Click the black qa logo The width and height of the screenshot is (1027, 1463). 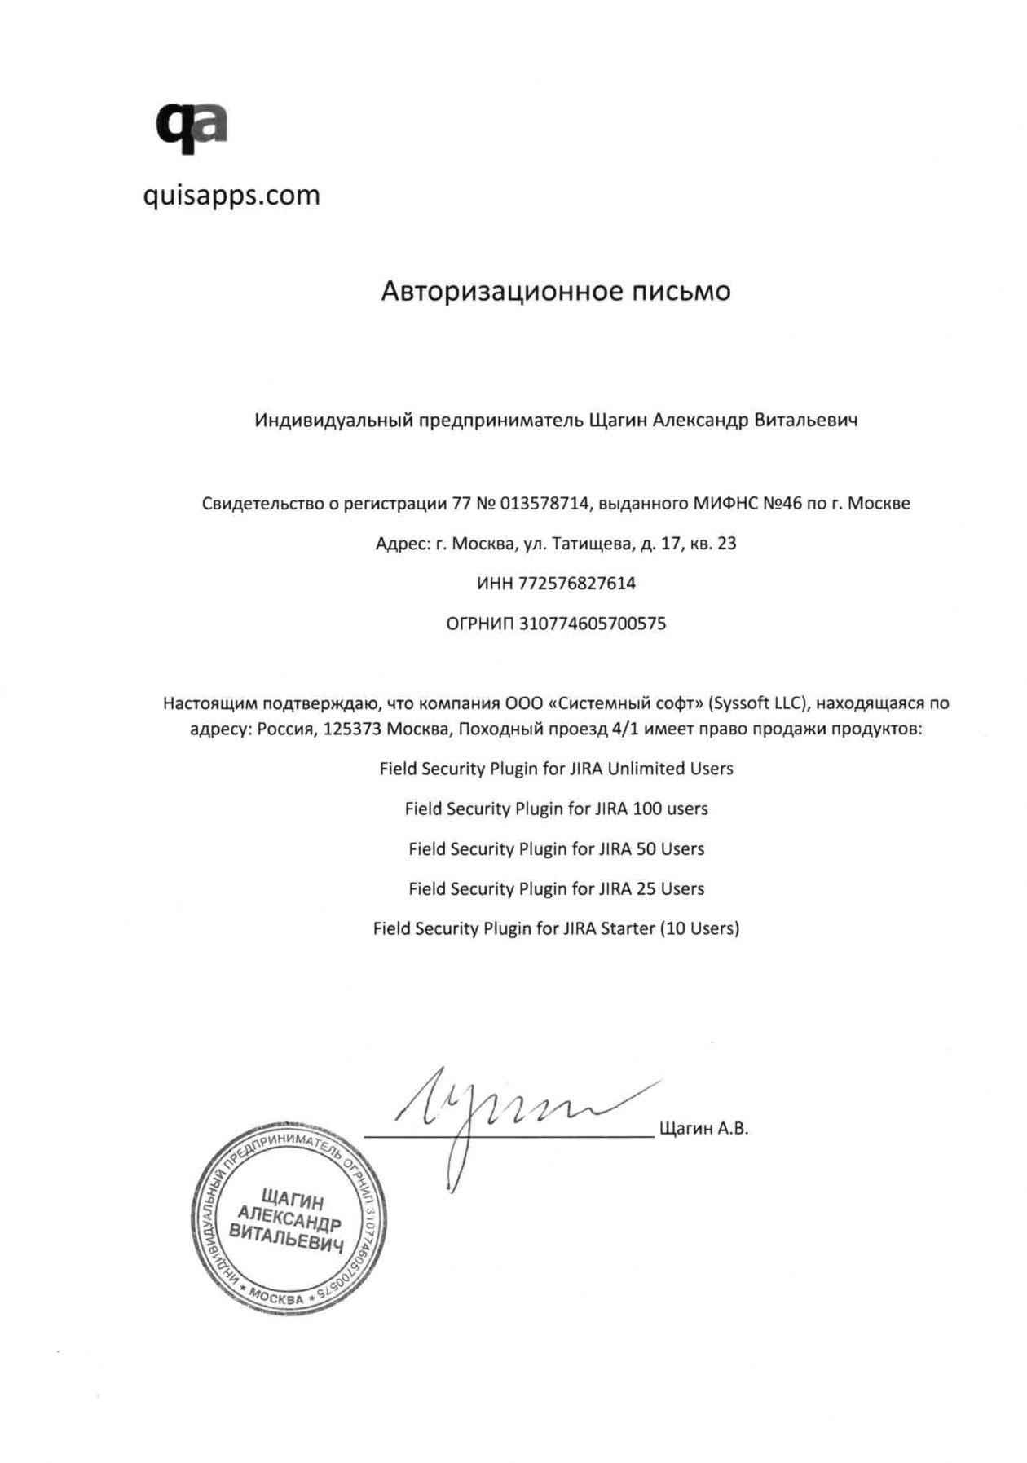192,128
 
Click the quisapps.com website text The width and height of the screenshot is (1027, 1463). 231,196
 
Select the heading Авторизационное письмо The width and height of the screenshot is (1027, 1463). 556,291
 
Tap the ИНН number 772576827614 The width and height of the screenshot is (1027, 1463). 577,584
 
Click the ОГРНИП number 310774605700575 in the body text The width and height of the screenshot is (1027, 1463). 593,624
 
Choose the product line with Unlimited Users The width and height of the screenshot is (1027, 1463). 556,769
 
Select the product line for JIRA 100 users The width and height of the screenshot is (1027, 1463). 556,809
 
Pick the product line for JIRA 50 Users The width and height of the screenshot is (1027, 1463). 556,848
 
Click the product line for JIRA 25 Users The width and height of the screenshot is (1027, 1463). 556,888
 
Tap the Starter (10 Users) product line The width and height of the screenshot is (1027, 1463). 556,928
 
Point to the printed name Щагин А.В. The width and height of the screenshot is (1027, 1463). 703,1129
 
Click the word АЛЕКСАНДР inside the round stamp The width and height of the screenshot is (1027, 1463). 289,1220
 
